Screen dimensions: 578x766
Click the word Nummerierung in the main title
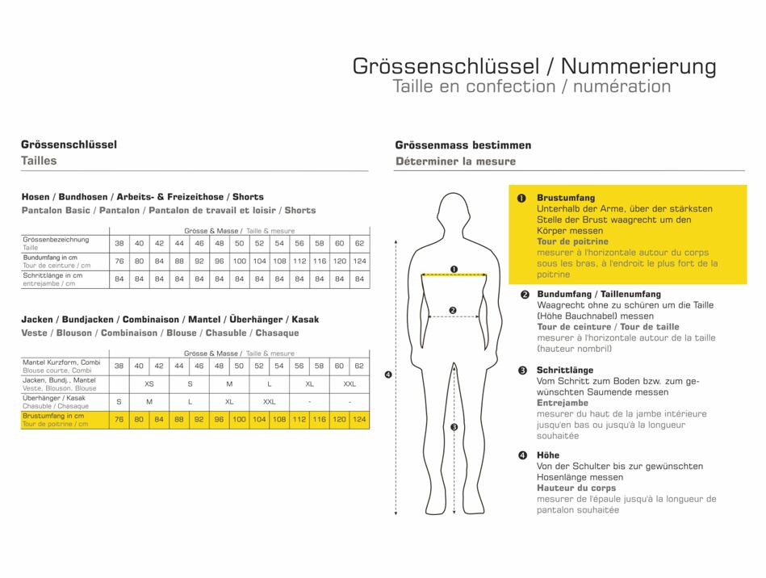638,66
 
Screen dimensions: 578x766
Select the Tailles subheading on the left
39,161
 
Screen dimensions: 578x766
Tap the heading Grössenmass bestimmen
463,145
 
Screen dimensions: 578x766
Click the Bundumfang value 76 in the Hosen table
119,261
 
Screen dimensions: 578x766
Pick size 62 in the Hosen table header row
359,243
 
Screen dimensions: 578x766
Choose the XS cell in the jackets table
149,383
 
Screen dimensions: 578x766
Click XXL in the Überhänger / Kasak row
270,401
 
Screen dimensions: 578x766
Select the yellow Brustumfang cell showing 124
359,419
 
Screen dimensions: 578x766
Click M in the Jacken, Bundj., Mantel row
229,383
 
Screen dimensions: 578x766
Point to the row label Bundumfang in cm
50,258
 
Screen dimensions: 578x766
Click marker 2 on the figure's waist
453,310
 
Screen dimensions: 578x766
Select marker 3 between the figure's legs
454,427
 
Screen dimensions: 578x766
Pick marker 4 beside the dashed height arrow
388,374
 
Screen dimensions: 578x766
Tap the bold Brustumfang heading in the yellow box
566,198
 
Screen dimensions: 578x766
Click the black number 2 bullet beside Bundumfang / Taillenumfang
525,295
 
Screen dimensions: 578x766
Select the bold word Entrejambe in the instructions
563,403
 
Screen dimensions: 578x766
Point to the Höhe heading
548,455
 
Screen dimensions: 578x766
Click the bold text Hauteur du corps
576,488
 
